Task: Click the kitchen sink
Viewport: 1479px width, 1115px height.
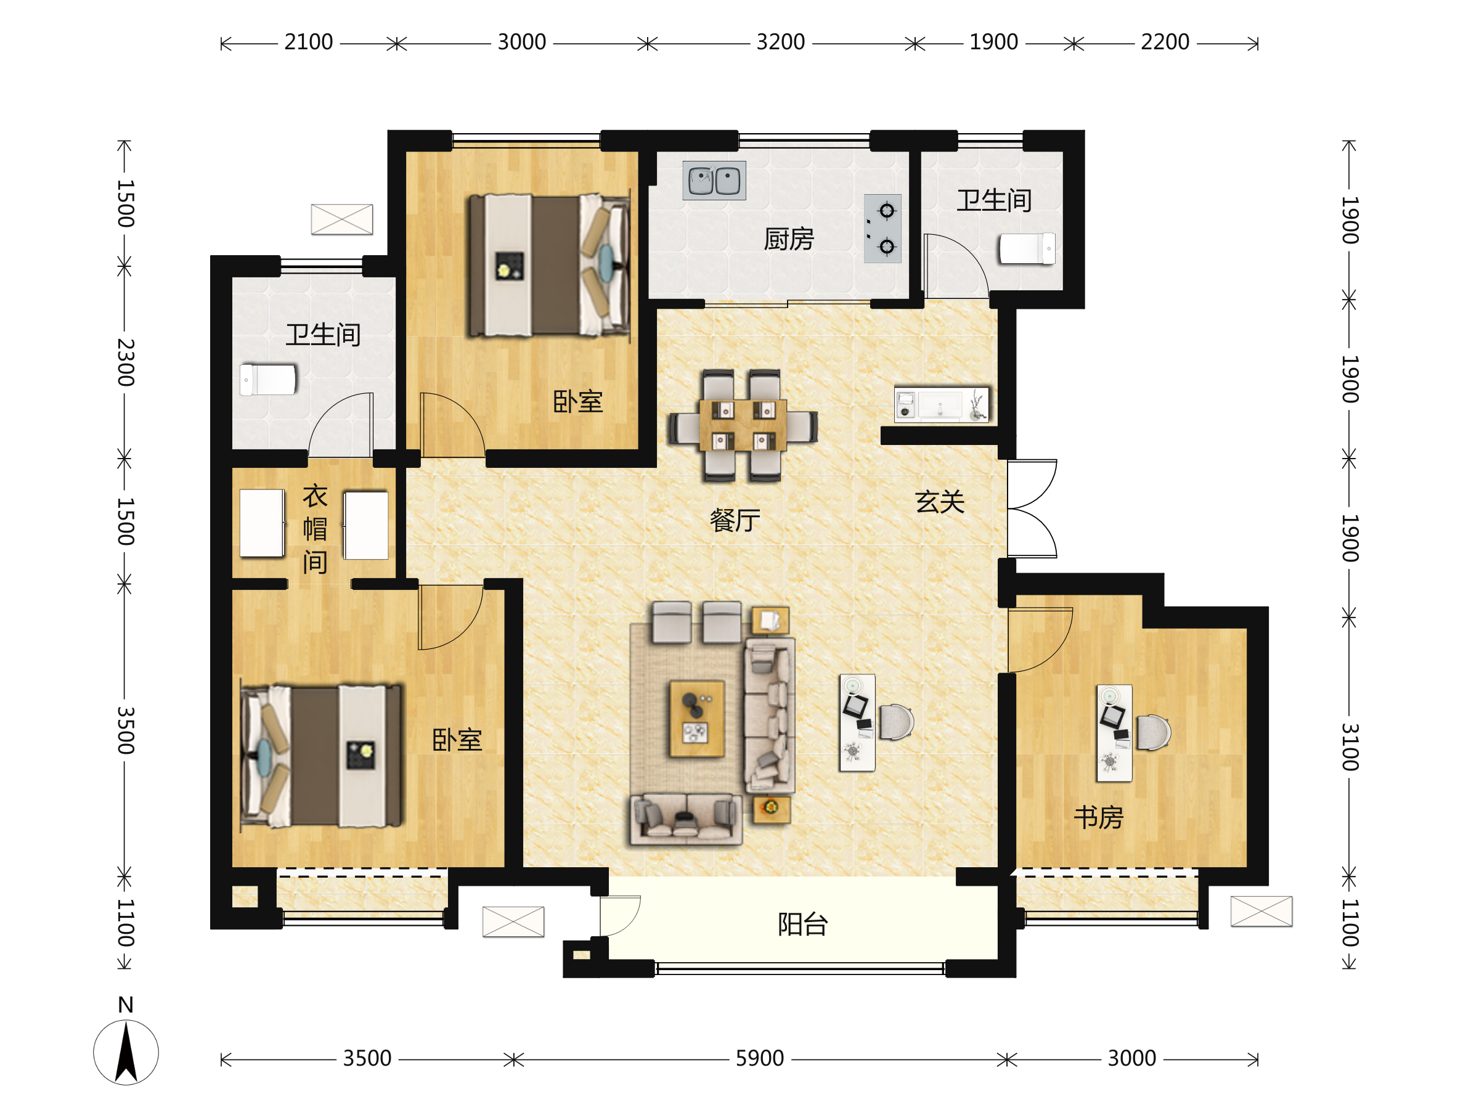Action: click(x=714, y=181)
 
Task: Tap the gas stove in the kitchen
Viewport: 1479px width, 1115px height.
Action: click(x=882, y=229)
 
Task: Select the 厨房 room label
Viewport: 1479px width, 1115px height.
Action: click(x=789, y=239)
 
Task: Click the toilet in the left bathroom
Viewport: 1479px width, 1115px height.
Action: click(x=267, y=380)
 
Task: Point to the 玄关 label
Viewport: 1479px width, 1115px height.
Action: click(x=940, y=502)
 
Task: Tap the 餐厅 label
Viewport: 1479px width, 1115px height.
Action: click(x=735, y=520)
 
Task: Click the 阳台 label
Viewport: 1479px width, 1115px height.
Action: click(x=803, y=925)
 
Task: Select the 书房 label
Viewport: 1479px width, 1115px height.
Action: click(x=1099, y=817)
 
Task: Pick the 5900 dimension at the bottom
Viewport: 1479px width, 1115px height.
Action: click(x=760, y=1058)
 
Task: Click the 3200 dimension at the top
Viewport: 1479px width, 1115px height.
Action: click(x=780, y=42)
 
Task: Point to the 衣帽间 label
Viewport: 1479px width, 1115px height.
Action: click(x=315, y=529)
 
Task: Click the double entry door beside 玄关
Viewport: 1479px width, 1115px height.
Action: click(x=1032, y=508)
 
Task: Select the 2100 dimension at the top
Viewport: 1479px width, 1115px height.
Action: click(x=308, y=42)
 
